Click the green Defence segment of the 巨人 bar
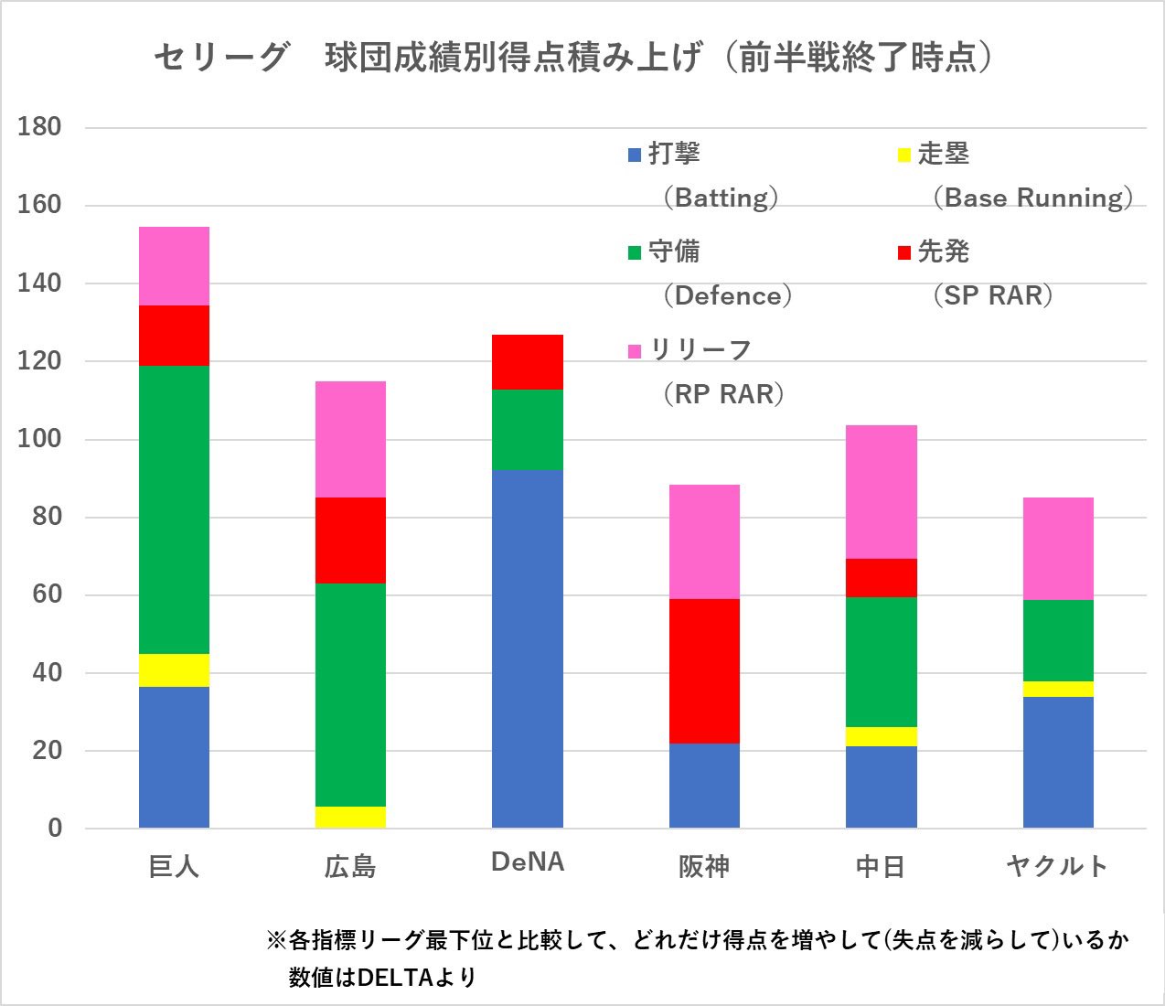tap(174, 509)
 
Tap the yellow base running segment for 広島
tap(350, 817)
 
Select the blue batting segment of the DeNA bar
tap(528, 648)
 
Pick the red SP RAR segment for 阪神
tap(704, 670)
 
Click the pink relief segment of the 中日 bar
tap(881, 491)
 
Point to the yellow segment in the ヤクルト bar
tap(1058, 689)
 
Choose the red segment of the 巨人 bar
tap(174, 335)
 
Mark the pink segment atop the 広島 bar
tap(350, 439)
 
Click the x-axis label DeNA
tap(528, 862)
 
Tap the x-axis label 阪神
tap(704, 865)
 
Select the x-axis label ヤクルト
tap(1057, 865)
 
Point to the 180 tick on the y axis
tap(39, 127)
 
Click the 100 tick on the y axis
tap(39, 439)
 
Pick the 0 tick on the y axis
tap(55, 828)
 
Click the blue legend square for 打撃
tap(635, 155)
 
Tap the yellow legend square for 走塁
tap(904, 155)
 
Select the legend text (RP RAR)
tap(722, 394)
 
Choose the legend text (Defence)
tap(727, 295)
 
